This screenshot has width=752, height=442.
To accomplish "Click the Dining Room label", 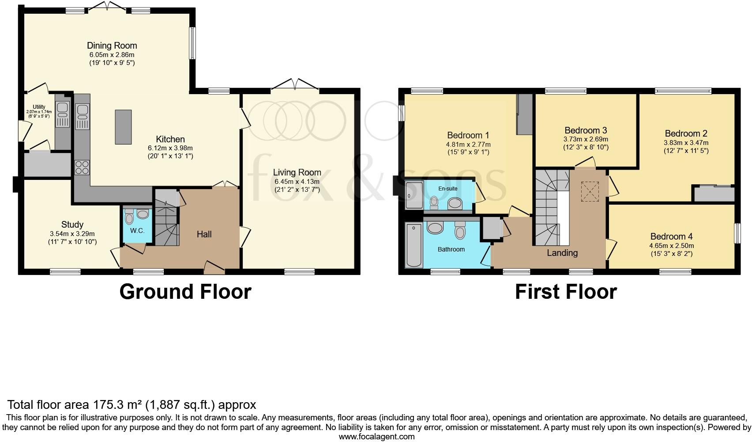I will pyautogui.click(x=112, y=46).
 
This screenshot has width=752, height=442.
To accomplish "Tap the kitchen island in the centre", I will pyautogui.click(x=123, y=127).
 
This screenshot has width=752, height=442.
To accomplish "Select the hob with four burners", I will pyautogui.click(x=82, y=168).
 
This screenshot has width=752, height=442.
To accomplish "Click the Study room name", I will pyautogui.click(x=72, y=225).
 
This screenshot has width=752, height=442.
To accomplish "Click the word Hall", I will pyautogui.click(x=204, y=234).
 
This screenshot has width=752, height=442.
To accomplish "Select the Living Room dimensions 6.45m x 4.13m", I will pyautogui.click(x=297, y=182).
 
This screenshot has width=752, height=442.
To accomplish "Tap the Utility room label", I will pyautogui.click(x=39, y=107).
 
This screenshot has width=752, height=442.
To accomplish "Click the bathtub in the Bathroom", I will pyautogui.click(x=414, y=245).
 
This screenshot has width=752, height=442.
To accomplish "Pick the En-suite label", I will pyautogui.click(x=447, y=189).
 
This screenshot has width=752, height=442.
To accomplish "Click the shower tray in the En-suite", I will pyautogui.click(x=414, y=195).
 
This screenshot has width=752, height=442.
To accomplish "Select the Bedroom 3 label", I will pyautogui.click(x=586, y=130).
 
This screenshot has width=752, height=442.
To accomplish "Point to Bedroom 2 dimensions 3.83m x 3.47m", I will pyautogui.click(x=686, y=143).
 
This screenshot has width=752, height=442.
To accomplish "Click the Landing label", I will pyautogui.click(x=562, y=253).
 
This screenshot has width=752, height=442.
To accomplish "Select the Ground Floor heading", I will pyautogui.click(x=185, y=292).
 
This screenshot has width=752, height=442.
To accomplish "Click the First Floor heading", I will pyautogui.click(x=565, y=292).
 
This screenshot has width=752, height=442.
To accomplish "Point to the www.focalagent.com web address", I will pyautogui.click(x=376, y=437).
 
